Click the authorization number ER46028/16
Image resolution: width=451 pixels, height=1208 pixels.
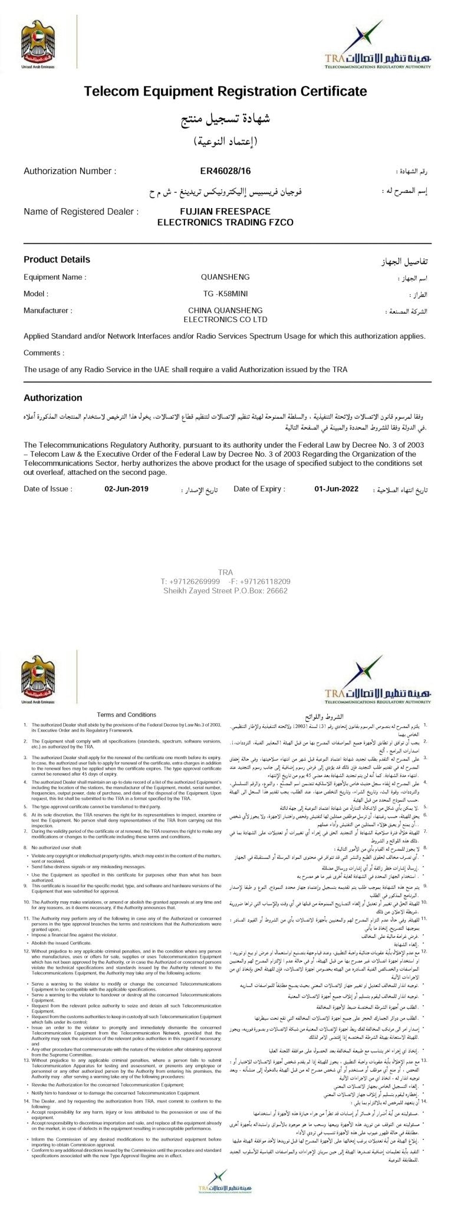[225, 171]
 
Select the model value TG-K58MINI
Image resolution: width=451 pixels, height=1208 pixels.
[225, 293]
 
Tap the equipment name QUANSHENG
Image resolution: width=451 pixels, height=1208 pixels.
[225, 277]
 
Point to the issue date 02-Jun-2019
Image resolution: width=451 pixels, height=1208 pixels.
[126, 472]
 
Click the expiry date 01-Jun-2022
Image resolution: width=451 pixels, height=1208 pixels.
[336, 472]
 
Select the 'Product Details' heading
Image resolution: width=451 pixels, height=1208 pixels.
[57, 260]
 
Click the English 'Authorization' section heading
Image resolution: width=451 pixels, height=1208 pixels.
[53, 398]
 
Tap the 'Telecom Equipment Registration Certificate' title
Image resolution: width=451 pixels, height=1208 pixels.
[225, 91]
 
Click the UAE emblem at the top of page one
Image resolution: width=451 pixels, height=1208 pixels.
[37, 42]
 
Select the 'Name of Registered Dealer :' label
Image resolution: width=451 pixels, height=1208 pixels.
[81, 211]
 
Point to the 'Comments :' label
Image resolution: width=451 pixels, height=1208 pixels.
[42, 353]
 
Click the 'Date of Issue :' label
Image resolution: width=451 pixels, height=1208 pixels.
[48, 472]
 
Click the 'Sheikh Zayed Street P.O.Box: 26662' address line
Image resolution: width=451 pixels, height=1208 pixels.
[225, 590]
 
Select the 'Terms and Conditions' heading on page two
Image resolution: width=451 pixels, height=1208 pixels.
[126, 714]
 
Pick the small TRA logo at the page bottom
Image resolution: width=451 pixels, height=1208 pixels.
[225, 1189]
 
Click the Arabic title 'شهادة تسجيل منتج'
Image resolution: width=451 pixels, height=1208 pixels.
[225, 122]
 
